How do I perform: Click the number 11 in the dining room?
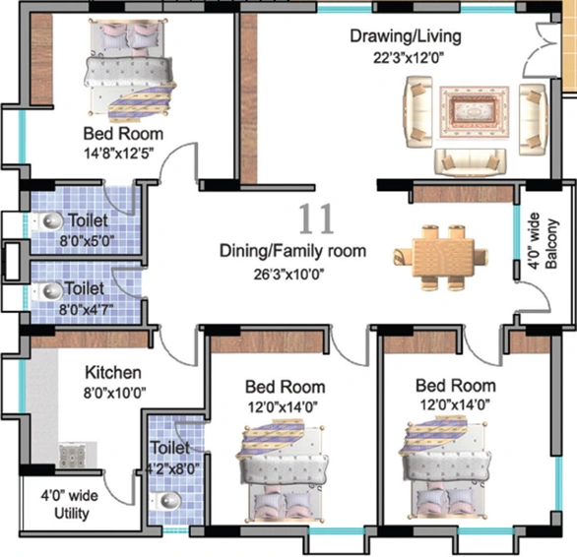pos(316,219)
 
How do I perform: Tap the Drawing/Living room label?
pos(406,36)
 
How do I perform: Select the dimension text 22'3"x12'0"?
pos(409,58)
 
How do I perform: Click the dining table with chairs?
pos(440,257)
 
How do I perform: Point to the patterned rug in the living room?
pos(475,112)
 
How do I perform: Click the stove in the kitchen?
pos(73,455)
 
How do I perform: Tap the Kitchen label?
pos(113,372)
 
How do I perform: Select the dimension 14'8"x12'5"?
pos(118,154)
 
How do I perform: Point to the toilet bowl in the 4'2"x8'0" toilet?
pos(167,501)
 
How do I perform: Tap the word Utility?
pos(72,514)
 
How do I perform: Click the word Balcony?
pos(551,243)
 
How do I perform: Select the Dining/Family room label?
pos(292,251)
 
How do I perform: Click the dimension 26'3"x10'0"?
pos(288,275)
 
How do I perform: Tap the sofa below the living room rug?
pos(471,161)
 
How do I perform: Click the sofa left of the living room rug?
pos(418,112)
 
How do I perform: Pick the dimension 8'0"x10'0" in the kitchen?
pos(114,393)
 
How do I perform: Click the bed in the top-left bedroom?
pos(129,69)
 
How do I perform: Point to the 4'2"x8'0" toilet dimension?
pos(173,469)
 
